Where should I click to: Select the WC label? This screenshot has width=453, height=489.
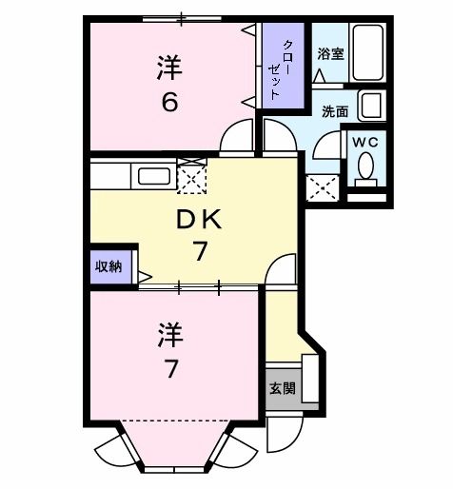point(366,141)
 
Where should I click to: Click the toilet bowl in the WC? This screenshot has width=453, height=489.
point(366,168)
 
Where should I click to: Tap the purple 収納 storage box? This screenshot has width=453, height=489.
point(108,265)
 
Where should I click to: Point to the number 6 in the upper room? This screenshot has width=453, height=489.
point(169,101)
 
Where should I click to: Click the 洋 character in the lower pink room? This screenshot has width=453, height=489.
point(169,335)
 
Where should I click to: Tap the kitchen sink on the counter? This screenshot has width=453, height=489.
point(153,176)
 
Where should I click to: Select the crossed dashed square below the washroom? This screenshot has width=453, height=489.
point(322,186)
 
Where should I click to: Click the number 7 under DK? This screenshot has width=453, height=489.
point(200,253)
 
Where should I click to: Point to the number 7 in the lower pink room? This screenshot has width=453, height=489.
point(170,369)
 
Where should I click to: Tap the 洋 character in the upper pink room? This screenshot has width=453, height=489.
point(169,67)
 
